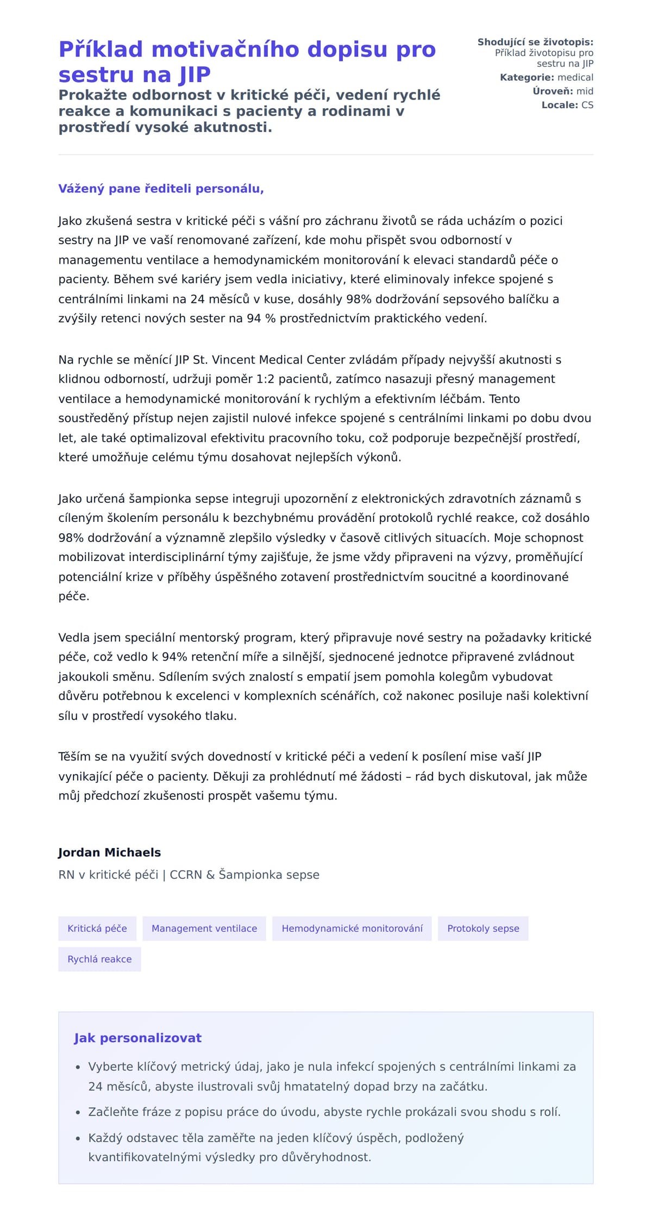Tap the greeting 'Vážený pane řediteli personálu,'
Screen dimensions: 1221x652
coord(161,189)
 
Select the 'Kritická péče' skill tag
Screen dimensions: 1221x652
coord(97,928)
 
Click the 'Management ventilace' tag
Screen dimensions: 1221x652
coord(204,928)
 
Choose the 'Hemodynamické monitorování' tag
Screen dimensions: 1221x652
coord(352,928)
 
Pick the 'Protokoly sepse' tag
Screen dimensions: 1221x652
coord(483,928)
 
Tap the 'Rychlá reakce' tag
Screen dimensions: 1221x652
coord(99,959)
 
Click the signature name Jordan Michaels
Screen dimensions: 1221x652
coord(109,852)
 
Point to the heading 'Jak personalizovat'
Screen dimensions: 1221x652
coord(137,1038)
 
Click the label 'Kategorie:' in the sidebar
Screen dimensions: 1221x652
coord(526,78)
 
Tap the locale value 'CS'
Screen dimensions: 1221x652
coord(587,105)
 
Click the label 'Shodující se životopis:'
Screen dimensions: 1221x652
coord(535,42)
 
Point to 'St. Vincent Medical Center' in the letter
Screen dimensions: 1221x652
coord(269,360)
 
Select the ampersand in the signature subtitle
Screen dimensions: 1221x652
coord(210,875)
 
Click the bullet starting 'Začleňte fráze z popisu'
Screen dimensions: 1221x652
coord(324,1112)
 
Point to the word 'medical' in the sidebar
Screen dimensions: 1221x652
coord(575,78)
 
